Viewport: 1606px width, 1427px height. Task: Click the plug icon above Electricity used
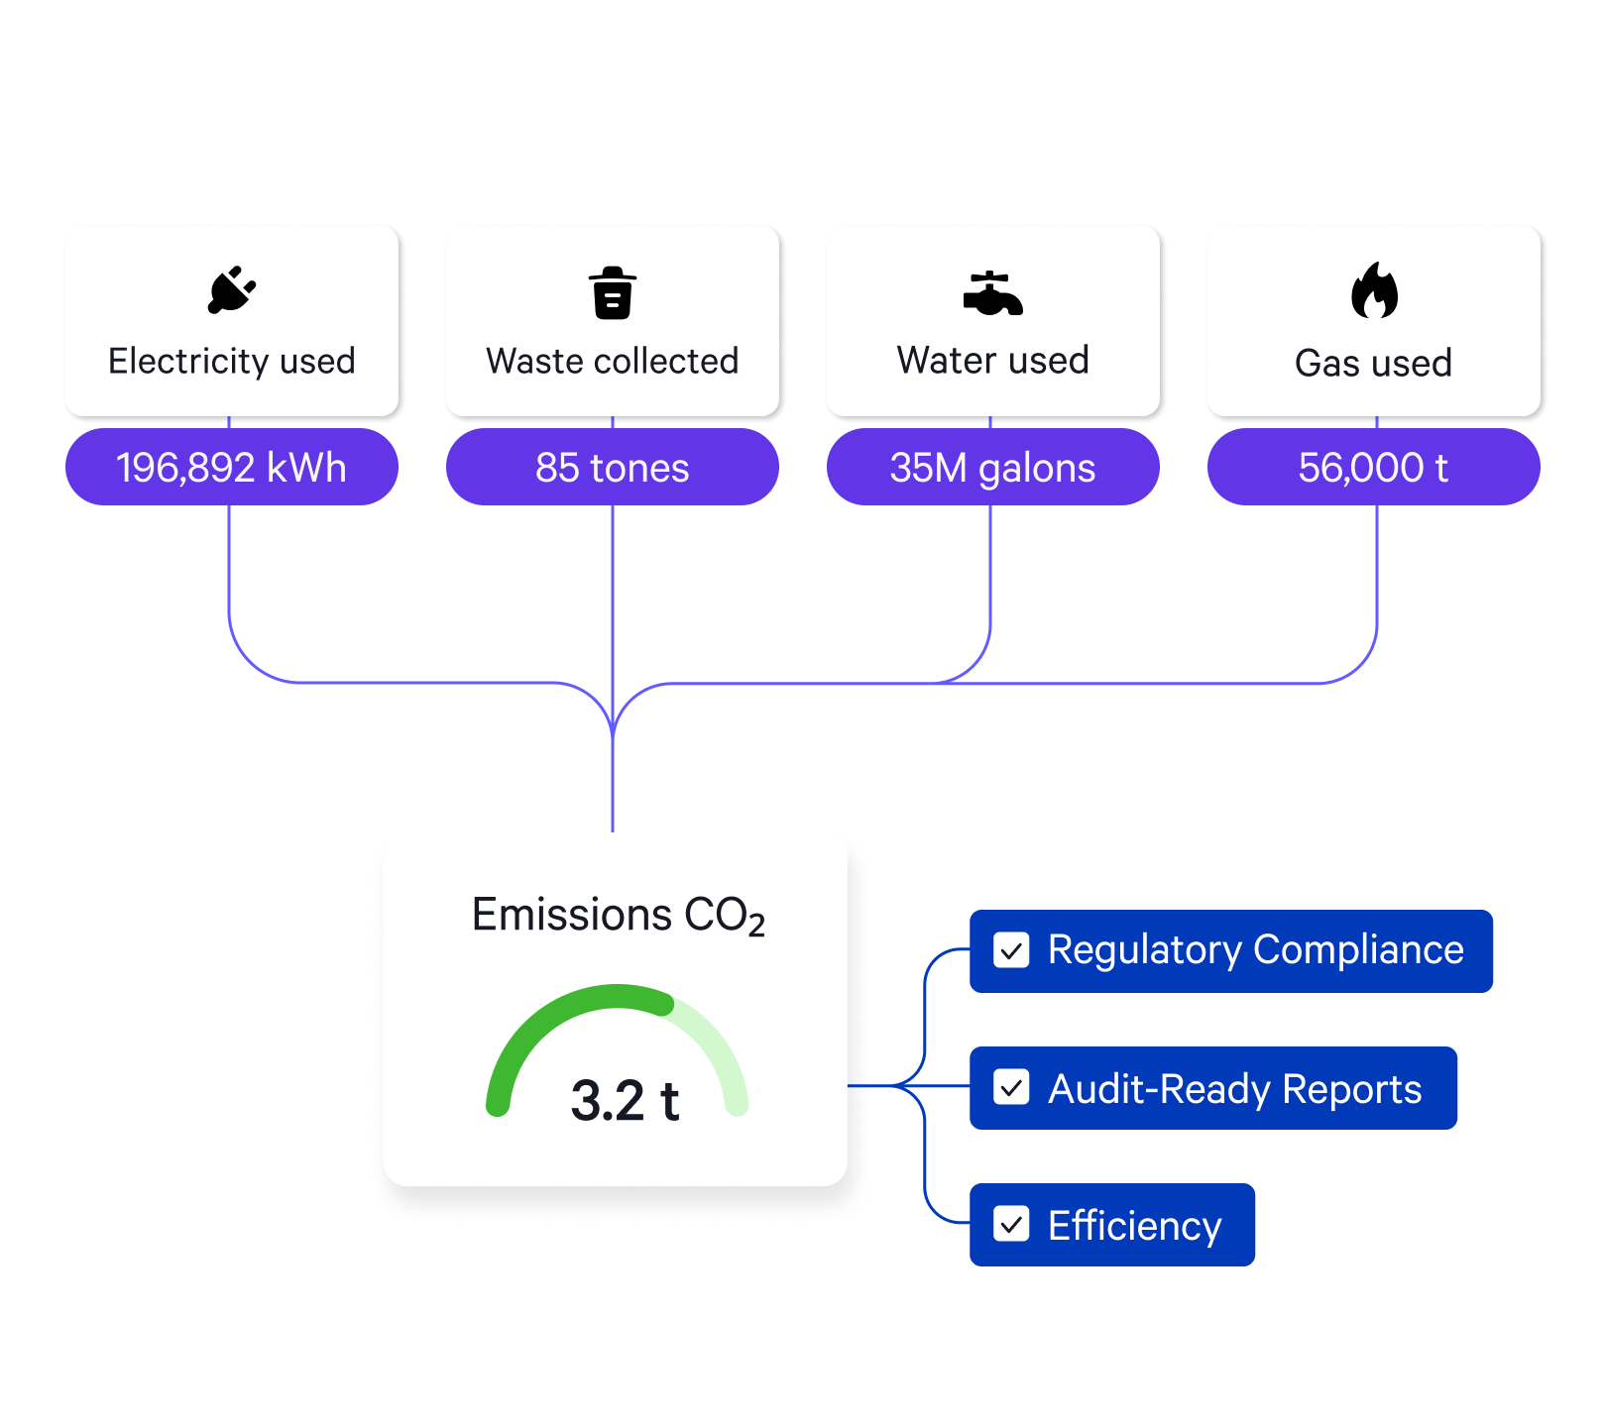(x=232, y=289)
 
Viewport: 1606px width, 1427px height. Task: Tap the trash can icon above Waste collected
(x=613, y=293)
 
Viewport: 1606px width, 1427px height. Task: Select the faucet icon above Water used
(x=992, y=293)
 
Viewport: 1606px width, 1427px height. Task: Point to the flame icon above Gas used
(x=1374, y=291)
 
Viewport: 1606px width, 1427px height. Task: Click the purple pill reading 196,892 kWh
(x=231, y=468)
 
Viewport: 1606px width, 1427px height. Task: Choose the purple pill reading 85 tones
(x=612, y=468)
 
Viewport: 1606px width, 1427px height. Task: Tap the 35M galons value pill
(x=992, y=468)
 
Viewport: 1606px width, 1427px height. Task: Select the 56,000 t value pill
(x=1373, y=468)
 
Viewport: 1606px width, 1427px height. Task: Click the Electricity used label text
(x=231, y=362)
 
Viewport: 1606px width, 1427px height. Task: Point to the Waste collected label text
(x=612, y=362)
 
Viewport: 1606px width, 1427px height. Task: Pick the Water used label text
(x=992, y=361)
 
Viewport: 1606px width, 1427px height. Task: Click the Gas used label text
(x=1373, y=364)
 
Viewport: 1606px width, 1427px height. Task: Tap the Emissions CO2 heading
(x=618, y=916)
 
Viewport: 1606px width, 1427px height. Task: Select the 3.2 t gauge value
(x=625, y=1101)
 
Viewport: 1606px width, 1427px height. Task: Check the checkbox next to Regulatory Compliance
(x=1011, y=950)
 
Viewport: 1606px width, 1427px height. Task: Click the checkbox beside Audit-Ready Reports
(x=1011, y=1087)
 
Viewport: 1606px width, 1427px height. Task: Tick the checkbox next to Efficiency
(x=1011, y=1224)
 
